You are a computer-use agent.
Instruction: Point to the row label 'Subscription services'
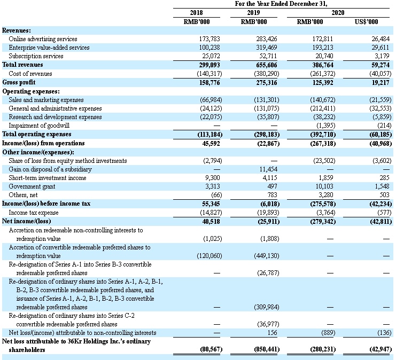[43, 56]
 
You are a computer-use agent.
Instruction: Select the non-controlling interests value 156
[268, 332]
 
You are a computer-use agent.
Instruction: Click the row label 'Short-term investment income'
[55, 178]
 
